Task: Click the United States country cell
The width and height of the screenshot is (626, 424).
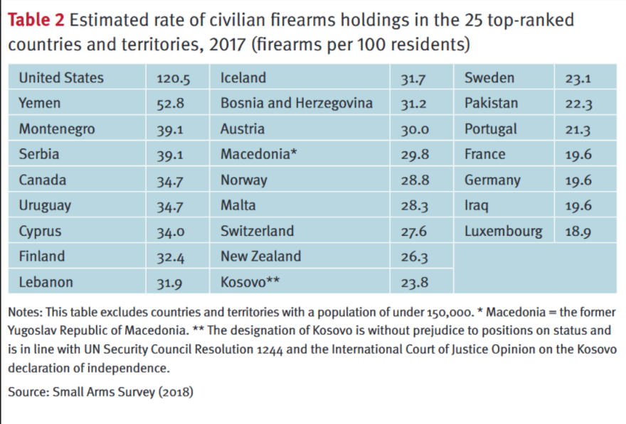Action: click(x=61, y=78)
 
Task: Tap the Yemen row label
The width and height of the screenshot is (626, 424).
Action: click(x=40, y=104)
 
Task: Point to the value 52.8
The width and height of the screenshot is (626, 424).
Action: click(x=171, y=104)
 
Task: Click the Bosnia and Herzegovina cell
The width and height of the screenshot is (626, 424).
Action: click(x=297, y=104)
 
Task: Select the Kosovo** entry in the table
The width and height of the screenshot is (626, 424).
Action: click(x=250, y=283)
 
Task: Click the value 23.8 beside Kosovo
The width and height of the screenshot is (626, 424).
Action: click(x=415, y=283)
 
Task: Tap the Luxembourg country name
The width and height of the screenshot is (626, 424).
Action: click(x=503, y=232)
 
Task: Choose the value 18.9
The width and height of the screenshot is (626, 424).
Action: click(x=578, y=232)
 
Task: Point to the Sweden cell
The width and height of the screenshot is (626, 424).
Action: click(x=489, y=78)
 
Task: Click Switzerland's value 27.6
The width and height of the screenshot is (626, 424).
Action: click(x=414, y=232)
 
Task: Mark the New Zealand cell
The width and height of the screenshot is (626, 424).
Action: click(x=260, y=257)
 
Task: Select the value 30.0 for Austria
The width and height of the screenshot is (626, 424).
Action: click(x=414, y=130)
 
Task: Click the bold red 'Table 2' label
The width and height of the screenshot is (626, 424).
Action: click(x=36, y=20)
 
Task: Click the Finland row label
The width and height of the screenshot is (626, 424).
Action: click(x=42, y=257)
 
